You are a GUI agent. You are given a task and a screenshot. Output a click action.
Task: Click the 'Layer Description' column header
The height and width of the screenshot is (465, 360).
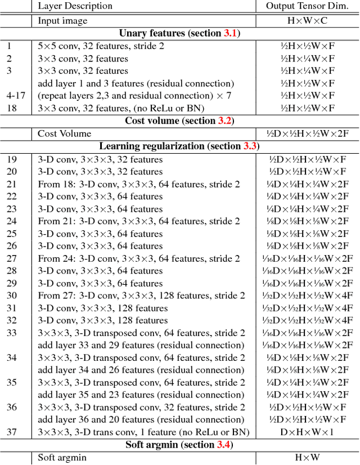75,6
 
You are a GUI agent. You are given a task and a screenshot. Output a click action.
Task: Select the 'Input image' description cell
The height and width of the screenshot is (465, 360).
62,21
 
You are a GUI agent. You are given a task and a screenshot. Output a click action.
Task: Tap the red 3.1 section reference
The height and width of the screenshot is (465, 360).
230,33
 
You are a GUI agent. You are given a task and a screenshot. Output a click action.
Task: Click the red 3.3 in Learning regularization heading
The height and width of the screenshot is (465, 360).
250,146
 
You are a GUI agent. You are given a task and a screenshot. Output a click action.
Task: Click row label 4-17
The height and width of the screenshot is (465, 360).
15,96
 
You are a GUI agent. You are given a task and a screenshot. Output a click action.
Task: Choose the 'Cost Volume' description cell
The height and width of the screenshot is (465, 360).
64,133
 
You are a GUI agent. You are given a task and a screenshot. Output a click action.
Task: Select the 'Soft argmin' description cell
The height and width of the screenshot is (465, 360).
64,458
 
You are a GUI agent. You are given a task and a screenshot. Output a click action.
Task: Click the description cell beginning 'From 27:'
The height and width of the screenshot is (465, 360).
141,296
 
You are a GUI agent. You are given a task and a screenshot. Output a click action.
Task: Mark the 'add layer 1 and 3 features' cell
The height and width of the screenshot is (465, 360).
136,83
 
